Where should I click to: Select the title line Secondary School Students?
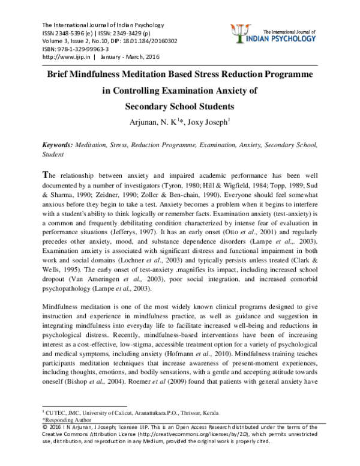tap(179, 107)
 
